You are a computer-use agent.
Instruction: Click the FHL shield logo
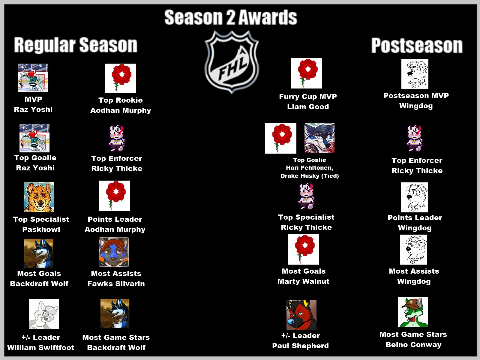[x=232, y=62]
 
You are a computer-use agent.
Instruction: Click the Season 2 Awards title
[x=231, y=17]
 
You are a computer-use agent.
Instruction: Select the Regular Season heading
[x=76, y=45]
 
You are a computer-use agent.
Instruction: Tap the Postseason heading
[x=417, y=46]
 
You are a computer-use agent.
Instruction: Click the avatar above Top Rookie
[x=120, y=79]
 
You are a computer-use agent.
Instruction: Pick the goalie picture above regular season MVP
[x=33, y=78]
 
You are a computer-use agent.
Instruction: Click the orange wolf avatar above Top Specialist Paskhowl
[x=39, y=197]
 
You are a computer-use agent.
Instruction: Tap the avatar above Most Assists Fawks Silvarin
[x=114, y=252]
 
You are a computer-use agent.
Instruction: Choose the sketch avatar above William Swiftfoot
[x=44, y=314]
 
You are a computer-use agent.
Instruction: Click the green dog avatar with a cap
[x=412, y=312]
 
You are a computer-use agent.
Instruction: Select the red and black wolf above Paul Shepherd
[x=301, y=314]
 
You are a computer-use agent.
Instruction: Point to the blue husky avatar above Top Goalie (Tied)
[x=319, y=138]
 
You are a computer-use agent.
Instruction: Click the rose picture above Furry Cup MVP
[x=307, y=73]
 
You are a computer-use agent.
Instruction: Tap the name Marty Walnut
[x=304, y=281]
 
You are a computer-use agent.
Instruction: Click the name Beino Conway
[x=413, y=345]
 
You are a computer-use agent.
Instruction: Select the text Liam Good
[x=308, y=107]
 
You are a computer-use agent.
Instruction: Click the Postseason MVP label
[x=416, y=95]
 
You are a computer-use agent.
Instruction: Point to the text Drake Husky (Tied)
[x=310, y=176]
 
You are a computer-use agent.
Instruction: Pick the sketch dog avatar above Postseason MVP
[x=415, y=74]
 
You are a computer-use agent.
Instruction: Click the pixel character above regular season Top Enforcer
[x=117, y=138]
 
